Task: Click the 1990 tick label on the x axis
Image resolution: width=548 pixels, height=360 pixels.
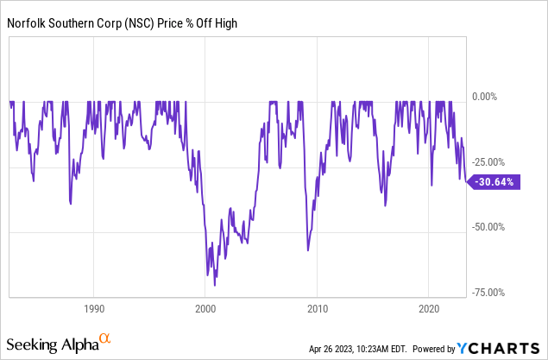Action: click(x=94, y=308)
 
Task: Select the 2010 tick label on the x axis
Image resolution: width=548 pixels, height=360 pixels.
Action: click(x=318, y=308)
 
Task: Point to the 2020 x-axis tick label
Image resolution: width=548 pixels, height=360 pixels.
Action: click(x=430, y=308)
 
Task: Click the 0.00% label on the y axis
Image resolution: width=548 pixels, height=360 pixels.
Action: click(x=486, y=98)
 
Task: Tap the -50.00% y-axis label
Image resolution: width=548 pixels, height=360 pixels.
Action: click(x=488, y=227)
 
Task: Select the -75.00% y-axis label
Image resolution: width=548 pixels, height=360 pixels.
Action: click(x=488, y=293)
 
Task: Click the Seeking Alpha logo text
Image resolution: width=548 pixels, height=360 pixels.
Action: click(x=53, y=345)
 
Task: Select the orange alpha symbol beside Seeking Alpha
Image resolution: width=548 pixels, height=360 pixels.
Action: click(x=104, y=340)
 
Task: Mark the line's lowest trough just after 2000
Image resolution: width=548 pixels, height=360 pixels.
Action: click(x=214, y=284)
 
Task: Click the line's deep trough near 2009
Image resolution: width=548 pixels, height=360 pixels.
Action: click(x=307, y=250)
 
